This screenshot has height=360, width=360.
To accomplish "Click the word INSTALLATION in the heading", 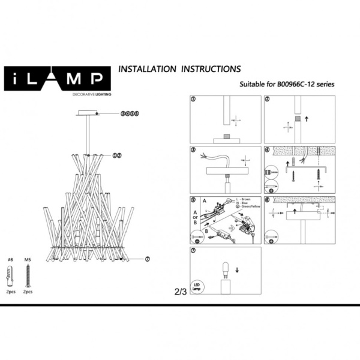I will click(x=146, y=69).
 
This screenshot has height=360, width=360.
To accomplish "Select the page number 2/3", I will click(x=180, y=292).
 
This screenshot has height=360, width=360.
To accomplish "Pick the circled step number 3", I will click(x=193, y=149).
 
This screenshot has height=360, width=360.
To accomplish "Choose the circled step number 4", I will click(x=268, y=149).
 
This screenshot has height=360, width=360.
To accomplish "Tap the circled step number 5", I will click(x=193, y=200).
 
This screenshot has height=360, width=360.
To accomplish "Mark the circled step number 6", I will click(x=268, y=200).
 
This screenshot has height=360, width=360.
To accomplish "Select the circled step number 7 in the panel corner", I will click(x=193, y=250).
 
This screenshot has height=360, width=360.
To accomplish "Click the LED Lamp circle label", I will click(x=196, y=286).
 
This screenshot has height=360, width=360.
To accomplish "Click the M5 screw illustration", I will click(x=27, y=275).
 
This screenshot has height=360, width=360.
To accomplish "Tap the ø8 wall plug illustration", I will click(x=10, y=275).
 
